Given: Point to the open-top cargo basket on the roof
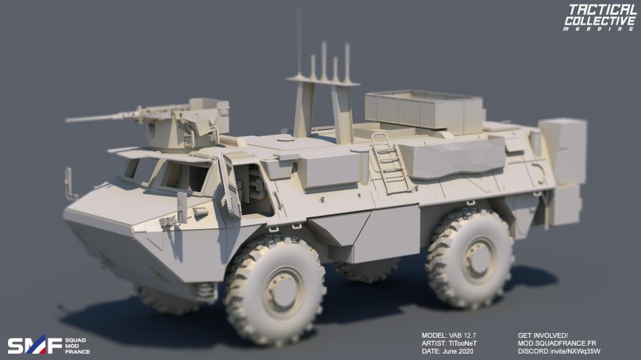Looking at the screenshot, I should tap(422, 109).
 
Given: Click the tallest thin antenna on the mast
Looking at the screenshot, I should tap(299, 40).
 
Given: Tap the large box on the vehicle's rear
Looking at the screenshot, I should tap(562, 151).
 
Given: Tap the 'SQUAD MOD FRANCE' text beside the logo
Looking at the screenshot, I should tap(77, 346).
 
